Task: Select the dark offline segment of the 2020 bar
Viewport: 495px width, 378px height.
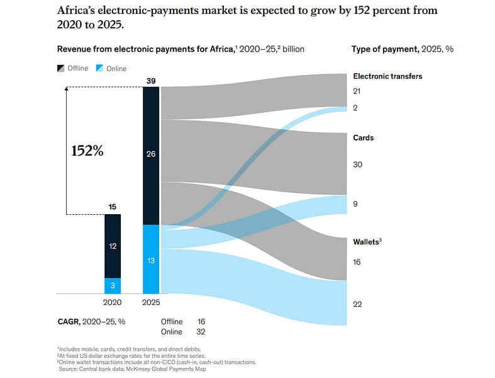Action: coord(113,246)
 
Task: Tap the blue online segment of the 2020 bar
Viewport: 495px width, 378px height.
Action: coord(113,285)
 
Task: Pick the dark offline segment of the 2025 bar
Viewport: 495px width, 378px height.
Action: coord(151,154)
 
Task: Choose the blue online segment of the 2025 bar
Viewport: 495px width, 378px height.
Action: coord(151,259)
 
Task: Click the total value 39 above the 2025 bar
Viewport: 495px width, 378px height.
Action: coord(151,81)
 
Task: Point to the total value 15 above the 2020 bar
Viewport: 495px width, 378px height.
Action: coord(113,207)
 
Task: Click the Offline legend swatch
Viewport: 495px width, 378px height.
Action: coord(61,68)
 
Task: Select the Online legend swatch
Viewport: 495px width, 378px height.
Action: coord(100,68)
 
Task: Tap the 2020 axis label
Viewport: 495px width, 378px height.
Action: coord(113,302)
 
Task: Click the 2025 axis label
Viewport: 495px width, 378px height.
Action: coord(151,302)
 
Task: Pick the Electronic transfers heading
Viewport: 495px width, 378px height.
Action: coord(387,76)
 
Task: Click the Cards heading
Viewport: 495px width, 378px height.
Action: coord(364,137)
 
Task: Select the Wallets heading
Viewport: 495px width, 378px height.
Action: coord(367,241)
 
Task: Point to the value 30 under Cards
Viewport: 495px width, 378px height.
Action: coord(357,164)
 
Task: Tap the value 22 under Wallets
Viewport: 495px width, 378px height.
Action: coord(357,304)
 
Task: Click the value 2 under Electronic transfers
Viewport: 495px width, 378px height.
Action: coord(355,108)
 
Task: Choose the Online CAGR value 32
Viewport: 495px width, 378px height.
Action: coord(201,331)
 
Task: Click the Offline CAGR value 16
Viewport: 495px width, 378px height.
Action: coord(201,321)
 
